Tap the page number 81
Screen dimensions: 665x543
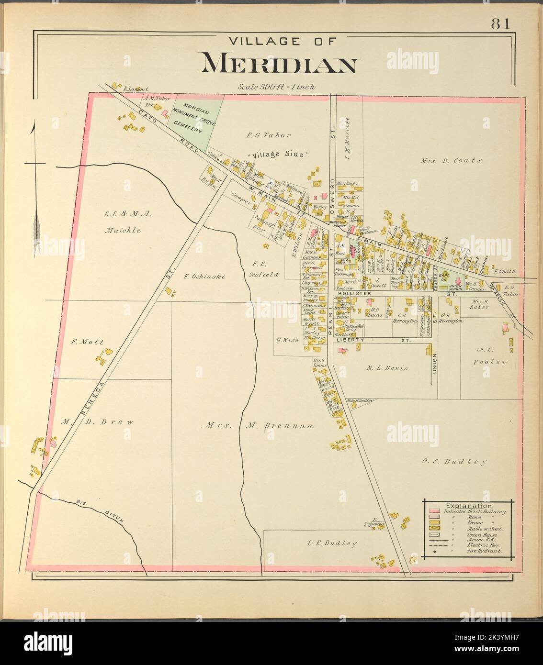click(499, 24)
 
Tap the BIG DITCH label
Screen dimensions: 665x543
click(100, 511)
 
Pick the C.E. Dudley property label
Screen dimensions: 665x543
click(332, 543)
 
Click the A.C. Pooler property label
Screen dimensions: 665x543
click(491, 355)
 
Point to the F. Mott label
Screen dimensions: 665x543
click(87, 342)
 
